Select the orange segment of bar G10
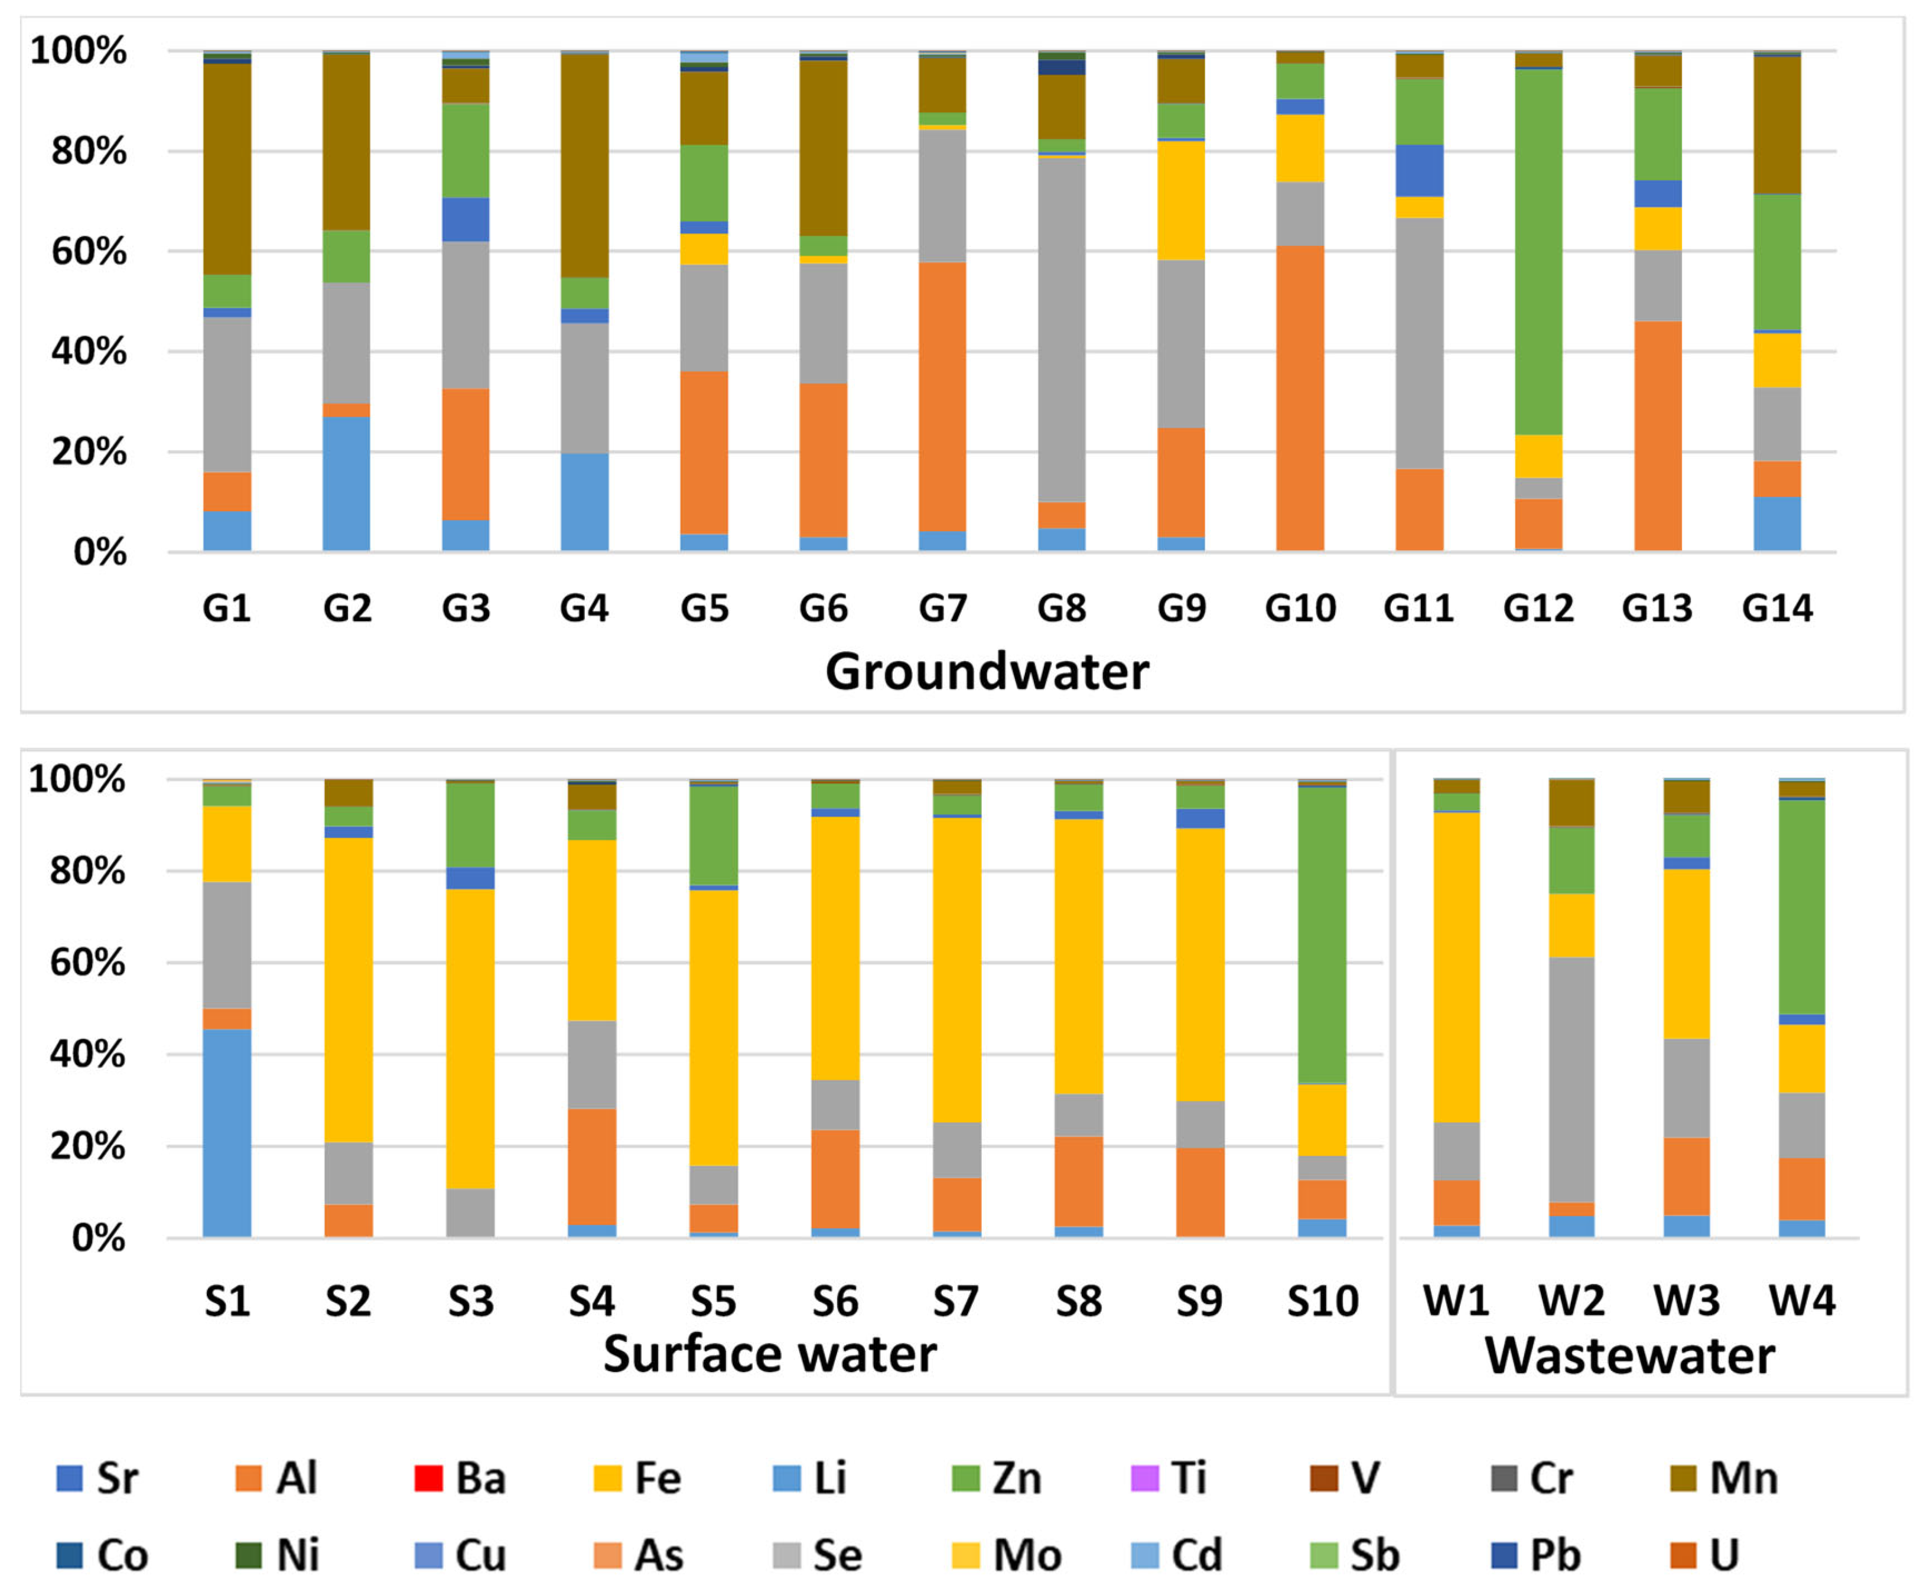click(x=1300, y=398)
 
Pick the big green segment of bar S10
click(x=1322, y=935)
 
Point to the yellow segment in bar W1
click(x=1456, y=967)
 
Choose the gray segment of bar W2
click(x=1571, y=1080)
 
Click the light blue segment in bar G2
click(x=346, y=483)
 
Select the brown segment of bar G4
click(x=585, y=165)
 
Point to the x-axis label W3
click(x=1687, y=1300)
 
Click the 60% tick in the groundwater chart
click(x=89, y=251)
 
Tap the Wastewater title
click(x=1630, y=1355)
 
